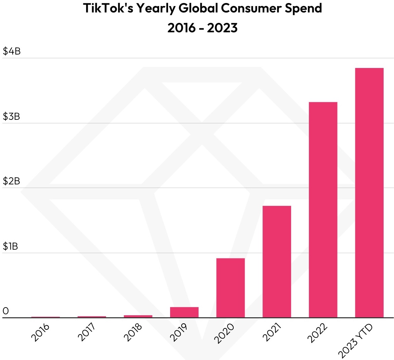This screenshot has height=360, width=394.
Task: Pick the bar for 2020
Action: click(230, 288)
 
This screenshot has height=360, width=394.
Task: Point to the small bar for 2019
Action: click(184, 312)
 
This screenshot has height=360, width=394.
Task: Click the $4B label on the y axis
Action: click(11, 51)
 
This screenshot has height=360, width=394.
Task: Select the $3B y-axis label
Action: click(11, 116)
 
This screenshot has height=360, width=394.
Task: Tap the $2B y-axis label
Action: click(11, 181)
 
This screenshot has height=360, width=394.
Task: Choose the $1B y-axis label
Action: click(10, 246)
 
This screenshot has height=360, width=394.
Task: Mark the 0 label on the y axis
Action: click(6, 311)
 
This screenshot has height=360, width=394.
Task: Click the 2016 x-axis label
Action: click(40, 332)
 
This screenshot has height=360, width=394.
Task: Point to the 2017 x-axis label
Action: click(86, 332)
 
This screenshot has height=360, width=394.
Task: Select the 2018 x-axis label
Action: click(133, 332)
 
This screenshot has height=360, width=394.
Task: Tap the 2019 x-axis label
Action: click(179, 332)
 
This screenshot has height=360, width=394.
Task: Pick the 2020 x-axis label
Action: click(224, 333)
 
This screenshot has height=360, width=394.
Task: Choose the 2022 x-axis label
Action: click(317, 333)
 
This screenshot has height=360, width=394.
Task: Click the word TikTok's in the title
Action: click(107, 8)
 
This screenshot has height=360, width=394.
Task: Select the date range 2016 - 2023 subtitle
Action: click(202, 28)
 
